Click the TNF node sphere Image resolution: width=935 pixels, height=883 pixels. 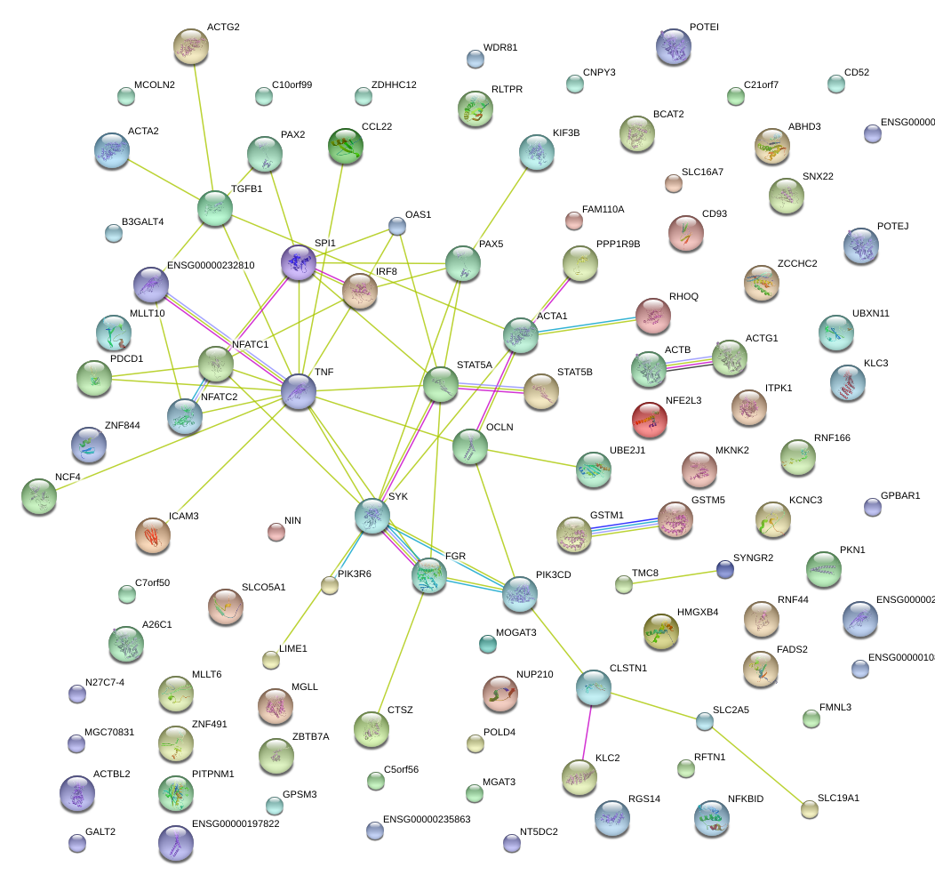[299, 392]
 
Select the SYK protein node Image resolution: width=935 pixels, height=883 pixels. [372, 516]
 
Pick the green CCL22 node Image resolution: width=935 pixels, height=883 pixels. [346, 147]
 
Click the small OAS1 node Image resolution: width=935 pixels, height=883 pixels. [397, 227]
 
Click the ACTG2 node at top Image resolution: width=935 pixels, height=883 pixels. [191, 46]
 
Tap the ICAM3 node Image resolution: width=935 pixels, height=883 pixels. [153, 534]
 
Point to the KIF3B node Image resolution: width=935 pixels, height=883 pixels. [536, 153]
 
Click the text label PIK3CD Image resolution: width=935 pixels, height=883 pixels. [553, 574]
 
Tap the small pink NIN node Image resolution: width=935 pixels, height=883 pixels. [276, 533]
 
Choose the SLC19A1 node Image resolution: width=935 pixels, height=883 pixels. [809, 809]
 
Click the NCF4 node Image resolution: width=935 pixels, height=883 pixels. [39, 497]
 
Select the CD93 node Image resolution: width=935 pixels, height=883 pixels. [685, 233]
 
